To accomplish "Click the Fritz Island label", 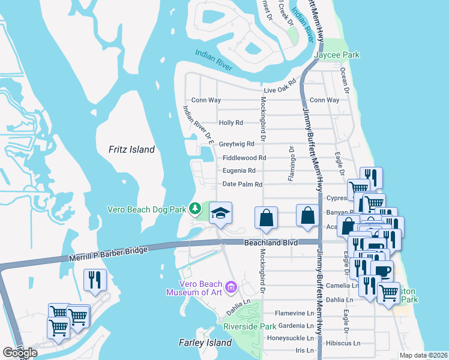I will tap(131, 149).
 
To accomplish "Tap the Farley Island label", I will tap(205, 343).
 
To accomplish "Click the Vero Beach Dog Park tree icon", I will tap(195, 209).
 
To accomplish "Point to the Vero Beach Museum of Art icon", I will tap(232, 289).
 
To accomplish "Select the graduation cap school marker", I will tap(220, 214).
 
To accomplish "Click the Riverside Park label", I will tap(250, 326).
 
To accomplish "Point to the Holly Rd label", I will tap(231, 122).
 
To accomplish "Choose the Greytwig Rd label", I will tap(237, 144).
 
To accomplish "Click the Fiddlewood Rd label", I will tap(244, 158).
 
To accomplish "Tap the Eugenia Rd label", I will tap(239, 170).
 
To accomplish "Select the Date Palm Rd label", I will tap(243, 185).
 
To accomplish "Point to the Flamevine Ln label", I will tap(295, 313).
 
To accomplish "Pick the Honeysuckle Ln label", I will tap(291, 337).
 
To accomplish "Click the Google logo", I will tap(20, 353).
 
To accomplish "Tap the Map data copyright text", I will tap(423, 355).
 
